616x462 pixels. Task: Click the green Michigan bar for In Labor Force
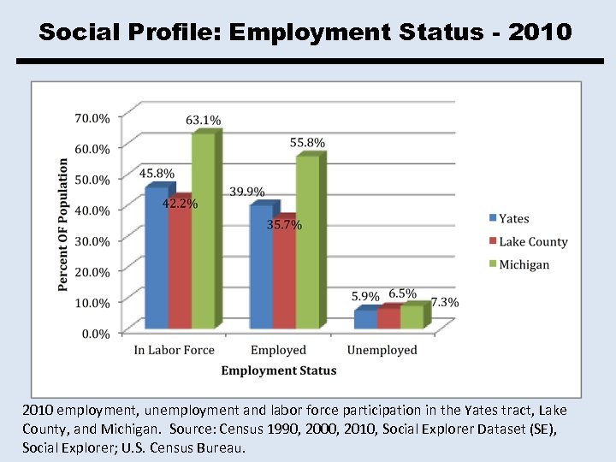(x=203, y=231)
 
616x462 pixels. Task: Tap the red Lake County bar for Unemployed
(x=388, y=317)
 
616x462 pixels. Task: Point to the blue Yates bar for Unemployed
(x=364, y=319)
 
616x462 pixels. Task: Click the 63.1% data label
(x=204, y=120)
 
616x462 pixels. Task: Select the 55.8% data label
(x=308, y=143)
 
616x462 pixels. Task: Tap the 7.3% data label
(x=444, y=302)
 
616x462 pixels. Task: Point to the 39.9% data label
(x=247, y=192)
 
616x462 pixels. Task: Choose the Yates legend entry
(x=513, y=219)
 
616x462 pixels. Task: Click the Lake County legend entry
(x=532, y=241)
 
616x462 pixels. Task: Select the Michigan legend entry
(x=524, y=264)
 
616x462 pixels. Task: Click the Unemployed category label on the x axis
(x=382, y=350)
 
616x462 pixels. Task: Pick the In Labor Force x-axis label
(x=175, y=350)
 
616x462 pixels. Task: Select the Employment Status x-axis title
(x=278, y=370)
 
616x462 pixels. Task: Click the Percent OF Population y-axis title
(x=63, y=224)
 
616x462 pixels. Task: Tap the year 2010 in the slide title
(x=540, y=33)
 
